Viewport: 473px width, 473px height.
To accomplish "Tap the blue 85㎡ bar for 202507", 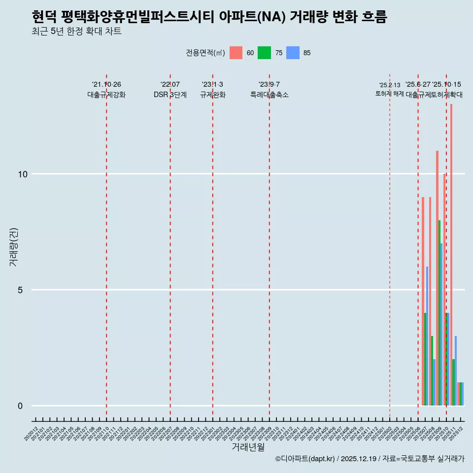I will pos(427,336).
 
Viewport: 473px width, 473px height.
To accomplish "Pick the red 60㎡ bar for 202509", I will pos(437,278).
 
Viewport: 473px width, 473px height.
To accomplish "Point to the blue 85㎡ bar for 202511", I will pos(456,371).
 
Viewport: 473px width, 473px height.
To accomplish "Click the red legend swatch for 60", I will pos(236,53).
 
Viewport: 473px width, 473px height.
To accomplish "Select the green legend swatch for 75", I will pos(265,53).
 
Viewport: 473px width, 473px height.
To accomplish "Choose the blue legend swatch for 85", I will pos(293,53).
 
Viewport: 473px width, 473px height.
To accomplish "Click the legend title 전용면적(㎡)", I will pos(205,53).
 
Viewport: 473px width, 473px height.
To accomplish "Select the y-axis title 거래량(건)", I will pos(14,247).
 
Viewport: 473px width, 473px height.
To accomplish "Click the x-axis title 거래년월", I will pos(248,447).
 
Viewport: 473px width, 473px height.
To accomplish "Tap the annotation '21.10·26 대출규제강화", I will pos(106,90).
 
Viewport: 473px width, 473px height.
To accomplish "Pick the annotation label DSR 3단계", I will pos(170,95).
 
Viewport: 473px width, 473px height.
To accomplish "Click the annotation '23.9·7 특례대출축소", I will pos(269,90).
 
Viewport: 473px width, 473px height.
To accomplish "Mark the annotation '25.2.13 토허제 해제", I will pos(390,89).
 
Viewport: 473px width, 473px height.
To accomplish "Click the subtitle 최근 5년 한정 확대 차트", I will pos(76,32).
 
